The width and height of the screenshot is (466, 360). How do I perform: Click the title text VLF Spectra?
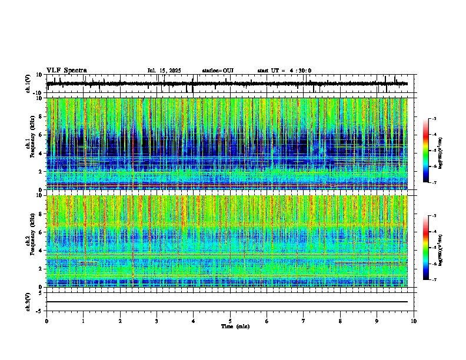pyautogui.click(x=67, y=71)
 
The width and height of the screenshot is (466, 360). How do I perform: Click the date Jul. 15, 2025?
pyautogui.click(x=164, y=71)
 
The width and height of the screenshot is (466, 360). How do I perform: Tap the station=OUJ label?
pyautogui.click(x=218, y=71)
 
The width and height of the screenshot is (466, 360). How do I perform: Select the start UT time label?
pyautogui.click(x=284, y=71)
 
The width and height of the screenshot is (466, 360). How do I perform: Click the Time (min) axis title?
pyautogui.click(x=235, y=326)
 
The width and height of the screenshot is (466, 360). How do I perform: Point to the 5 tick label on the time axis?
pyautogui.click(x=230, y=321)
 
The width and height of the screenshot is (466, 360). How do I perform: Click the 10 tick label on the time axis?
pyautogui.click(x=414, y=321)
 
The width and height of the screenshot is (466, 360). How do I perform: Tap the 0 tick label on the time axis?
pyautogui.click(x=46, y=321)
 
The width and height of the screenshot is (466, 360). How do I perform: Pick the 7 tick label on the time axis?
pyautogui.click(x=304, y=321)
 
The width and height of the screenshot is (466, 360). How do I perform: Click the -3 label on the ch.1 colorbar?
pyautogui.click(x=434, y=119)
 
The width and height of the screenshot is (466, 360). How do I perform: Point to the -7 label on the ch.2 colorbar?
pyautogui.click(x=434, y=280)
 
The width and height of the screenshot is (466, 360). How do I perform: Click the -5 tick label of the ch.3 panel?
pyautogui.click(x=40, y=310)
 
